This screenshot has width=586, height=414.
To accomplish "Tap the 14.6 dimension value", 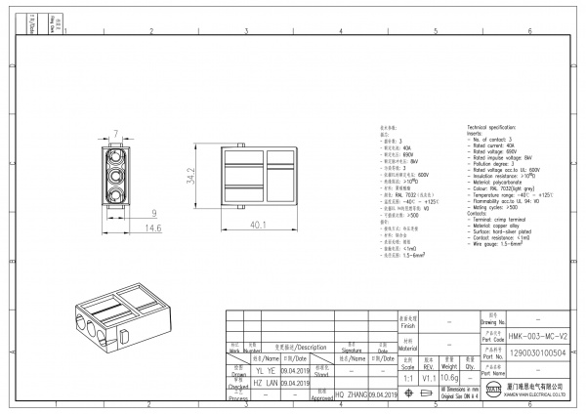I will [x=127, y=228].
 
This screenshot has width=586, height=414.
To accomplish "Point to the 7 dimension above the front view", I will [x=116, y=133].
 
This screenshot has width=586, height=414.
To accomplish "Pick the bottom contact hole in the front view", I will [x=117, y=193].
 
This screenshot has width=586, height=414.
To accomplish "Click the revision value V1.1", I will [x=428, y=377].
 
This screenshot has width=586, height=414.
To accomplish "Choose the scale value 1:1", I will [x=406, y=377].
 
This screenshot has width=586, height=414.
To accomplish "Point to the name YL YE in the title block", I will [x=265, y=372].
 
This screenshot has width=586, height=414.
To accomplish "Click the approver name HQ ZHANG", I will [x=353, y=393].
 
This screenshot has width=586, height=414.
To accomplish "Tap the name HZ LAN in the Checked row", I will [x=265, y=383].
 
